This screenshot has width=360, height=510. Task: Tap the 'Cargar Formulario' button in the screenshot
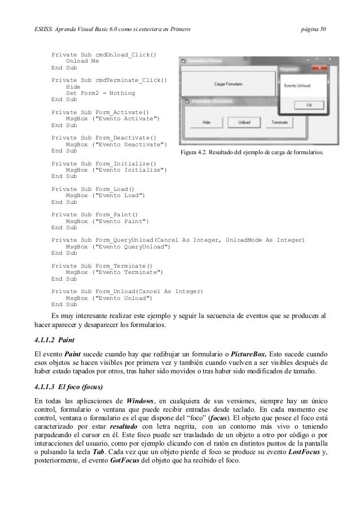point(229,83)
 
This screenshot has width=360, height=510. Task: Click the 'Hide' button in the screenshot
point(207,121)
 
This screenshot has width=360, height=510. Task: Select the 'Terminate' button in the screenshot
point(275,121)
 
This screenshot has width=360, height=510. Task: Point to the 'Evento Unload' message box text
point(296,86)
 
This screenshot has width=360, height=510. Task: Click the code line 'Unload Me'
point(82,62)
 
